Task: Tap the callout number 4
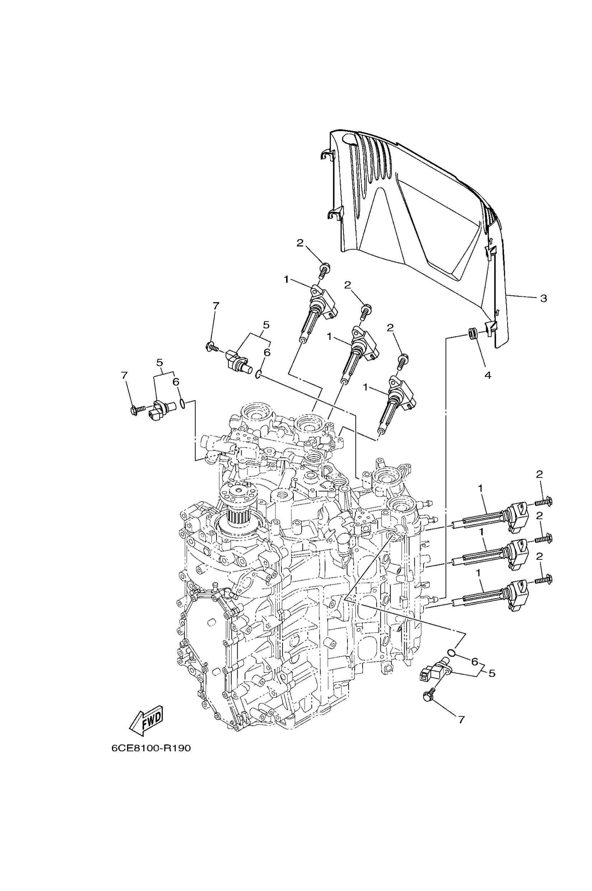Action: pos(488,375)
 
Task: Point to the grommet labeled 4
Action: pos(472,334)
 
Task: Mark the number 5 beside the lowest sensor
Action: pos(491,673)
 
